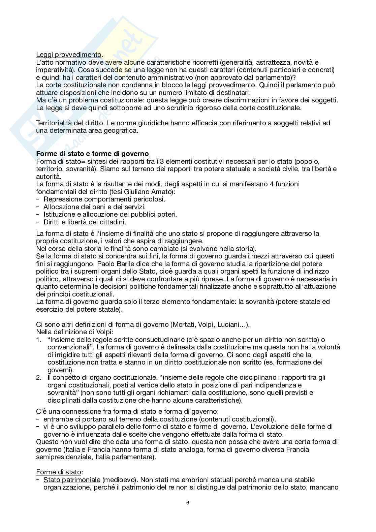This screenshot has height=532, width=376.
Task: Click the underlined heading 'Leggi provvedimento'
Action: click(69, 55)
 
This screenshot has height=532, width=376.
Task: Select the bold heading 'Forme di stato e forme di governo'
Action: click(92, 154)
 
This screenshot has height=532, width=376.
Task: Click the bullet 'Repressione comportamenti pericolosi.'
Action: click(104, 199)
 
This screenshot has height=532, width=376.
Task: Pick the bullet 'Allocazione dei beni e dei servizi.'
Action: click(95, 207)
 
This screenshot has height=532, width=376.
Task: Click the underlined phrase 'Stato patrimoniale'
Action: click(72, 480)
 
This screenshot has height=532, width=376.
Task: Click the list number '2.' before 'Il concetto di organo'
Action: click(39, 377)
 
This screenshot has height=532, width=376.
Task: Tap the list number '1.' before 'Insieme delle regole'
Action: click(39, 340)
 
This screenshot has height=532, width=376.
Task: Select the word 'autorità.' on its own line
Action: click(49, 176)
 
